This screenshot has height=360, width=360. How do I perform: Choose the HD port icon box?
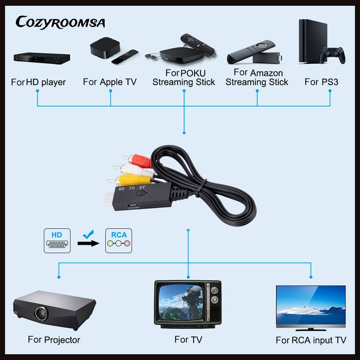[x=57, y=240]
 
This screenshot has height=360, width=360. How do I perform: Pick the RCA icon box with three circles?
[x=119, y=240]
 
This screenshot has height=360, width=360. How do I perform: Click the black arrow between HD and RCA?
[x=88, y=243]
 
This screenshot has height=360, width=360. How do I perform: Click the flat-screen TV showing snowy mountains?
[x=310, y=307]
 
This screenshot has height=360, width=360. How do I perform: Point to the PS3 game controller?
[x=333, y=55]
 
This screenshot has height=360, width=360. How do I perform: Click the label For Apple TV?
[x=110, y=82]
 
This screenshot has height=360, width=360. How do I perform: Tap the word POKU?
[x=193, y=73]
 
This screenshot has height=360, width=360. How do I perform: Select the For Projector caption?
[x=54, y=340]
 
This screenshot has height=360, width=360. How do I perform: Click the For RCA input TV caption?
[x=311, y=340]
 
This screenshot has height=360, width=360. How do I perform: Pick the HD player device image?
[x=41, y=58]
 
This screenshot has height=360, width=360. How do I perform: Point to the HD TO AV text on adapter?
[x=132, y=188]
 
